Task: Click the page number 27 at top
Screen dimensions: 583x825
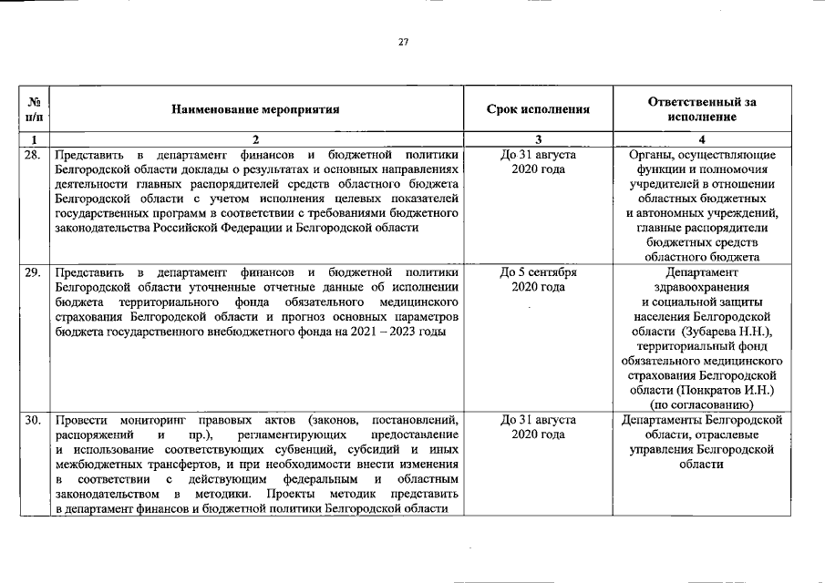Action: pyautogui.click(x=403, y=42)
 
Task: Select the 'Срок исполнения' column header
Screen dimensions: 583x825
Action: pyautogui.click(x=538, y=109)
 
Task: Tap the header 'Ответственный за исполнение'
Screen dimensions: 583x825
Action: pyautogui.click(x=700, y=109)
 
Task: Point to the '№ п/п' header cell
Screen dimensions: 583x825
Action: pyautogui.click(x=34, y=109)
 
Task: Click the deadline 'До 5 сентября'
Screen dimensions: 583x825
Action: pyautogui.click(x=538, y=272)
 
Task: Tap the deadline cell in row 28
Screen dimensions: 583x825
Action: pyautogui.click(x=538, y=162)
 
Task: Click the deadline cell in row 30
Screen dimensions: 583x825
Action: pyautogui.click(x=538, y=427)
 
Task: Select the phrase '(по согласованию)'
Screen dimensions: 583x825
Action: pyautogui.click(x=700, y=404)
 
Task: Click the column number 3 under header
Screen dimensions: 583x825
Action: pyautogui.click(x=538, y=140)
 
